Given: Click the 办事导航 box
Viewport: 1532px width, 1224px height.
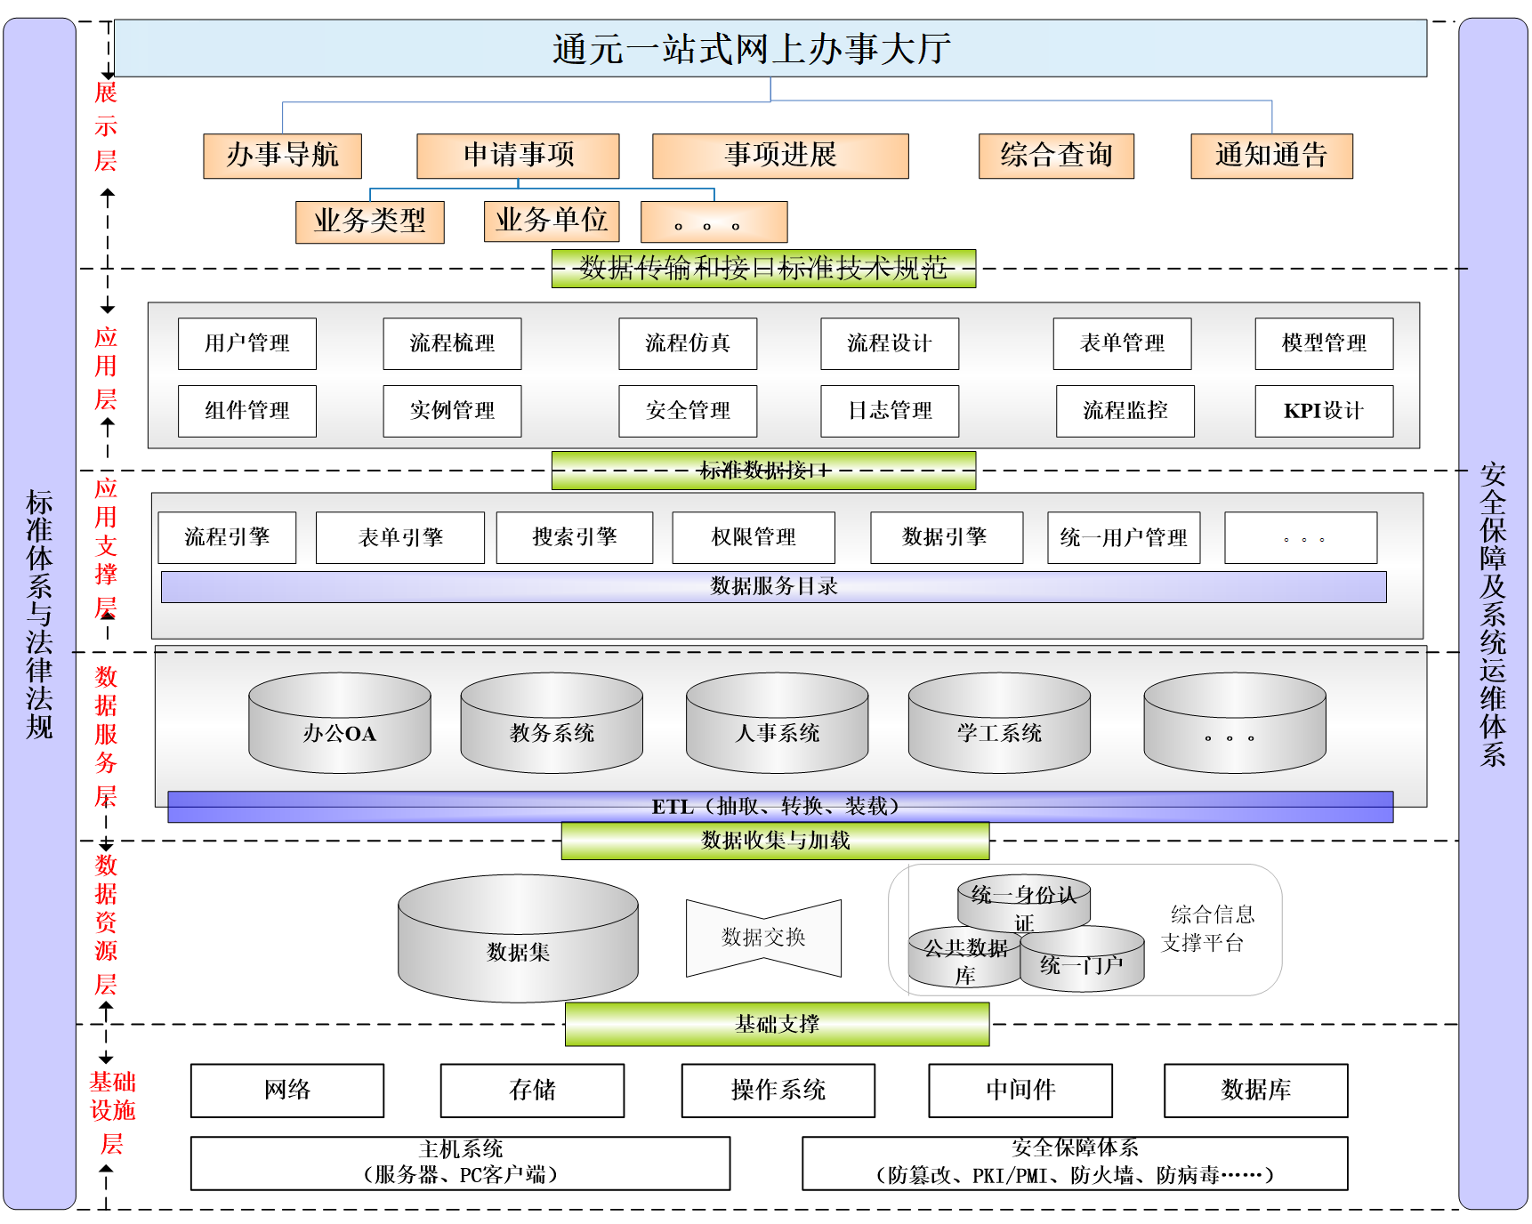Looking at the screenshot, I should point(282,156).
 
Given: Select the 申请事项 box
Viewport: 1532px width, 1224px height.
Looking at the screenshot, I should point(518,156).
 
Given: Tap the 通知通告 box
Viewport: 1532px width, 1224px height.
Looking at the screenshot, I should point(1271,156).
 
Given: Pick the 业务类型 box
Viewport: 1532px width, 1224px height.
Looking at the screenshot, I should point(369,221).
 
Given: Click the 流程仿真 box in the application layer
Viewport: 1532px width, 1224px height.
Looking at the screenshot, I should point(688,343).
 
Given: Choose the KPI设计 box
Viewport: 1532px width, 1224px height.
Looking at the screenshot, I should point(1324,411).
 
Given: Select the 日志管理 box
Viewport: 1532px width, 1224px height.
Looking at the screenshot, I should point(890,411).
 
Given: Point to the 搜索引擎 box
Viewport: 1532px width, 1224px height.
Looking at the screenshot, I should point(575,537).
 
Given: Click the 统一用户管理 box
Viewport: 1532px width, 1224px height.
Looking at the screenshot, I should point(1124,537).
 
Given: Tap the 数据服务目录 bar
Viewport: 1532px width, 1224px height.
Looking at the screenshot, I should point(773,587).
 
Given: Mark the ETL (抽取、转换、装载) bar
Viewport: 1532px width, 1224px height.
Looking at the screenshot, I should point(779,807).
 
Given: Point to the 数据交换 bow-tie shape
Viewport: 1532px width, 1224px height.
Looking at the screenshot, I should point(763,938).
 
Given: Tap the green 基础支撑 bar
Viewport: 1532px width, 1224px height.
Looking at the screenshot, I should point(777,1024).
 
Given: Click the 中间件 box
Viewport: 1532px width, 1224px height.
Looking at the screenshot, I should point(1020,1091).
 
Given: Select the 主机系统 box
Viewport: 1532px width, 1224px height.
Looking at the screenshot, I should point(460,1163).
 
